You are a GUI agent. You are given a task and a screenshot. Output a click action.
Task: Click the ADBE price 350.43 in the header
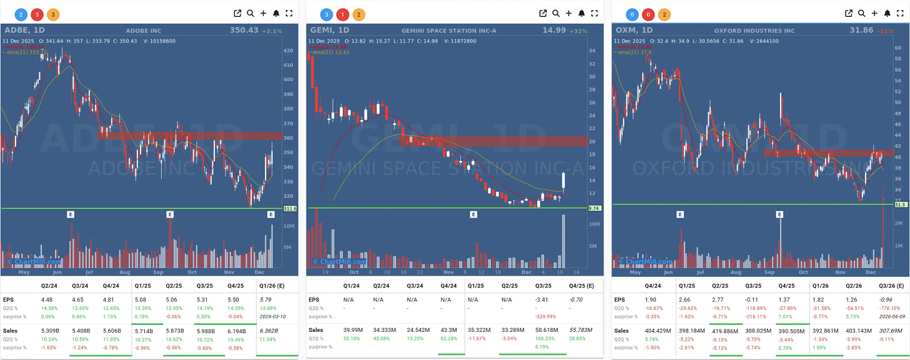(x=244, y=29)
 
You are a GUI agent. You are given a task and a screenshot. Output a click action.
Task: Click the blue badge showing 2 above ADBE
(x=21, y=14)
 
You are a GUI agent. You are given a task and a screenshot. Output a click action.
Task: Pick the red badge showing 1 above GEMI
(x=342, y=14)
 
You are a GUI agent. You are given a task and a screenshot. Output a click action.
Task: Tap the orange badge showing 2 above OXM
(x=662, y=14)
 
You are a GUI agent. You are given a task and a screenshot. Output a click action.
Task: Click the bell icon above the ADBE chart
(x=276, y=13)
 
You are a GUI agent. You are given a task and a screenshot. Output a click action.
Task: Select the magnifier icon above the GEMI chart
(x=556, y=13)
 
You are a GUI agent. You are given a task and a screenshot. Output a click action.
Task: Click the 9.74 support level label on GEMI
(x=594, y=209)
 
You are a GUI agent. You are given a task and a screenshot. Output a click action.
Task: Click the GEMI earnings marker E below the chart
(x=473, y=214)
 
